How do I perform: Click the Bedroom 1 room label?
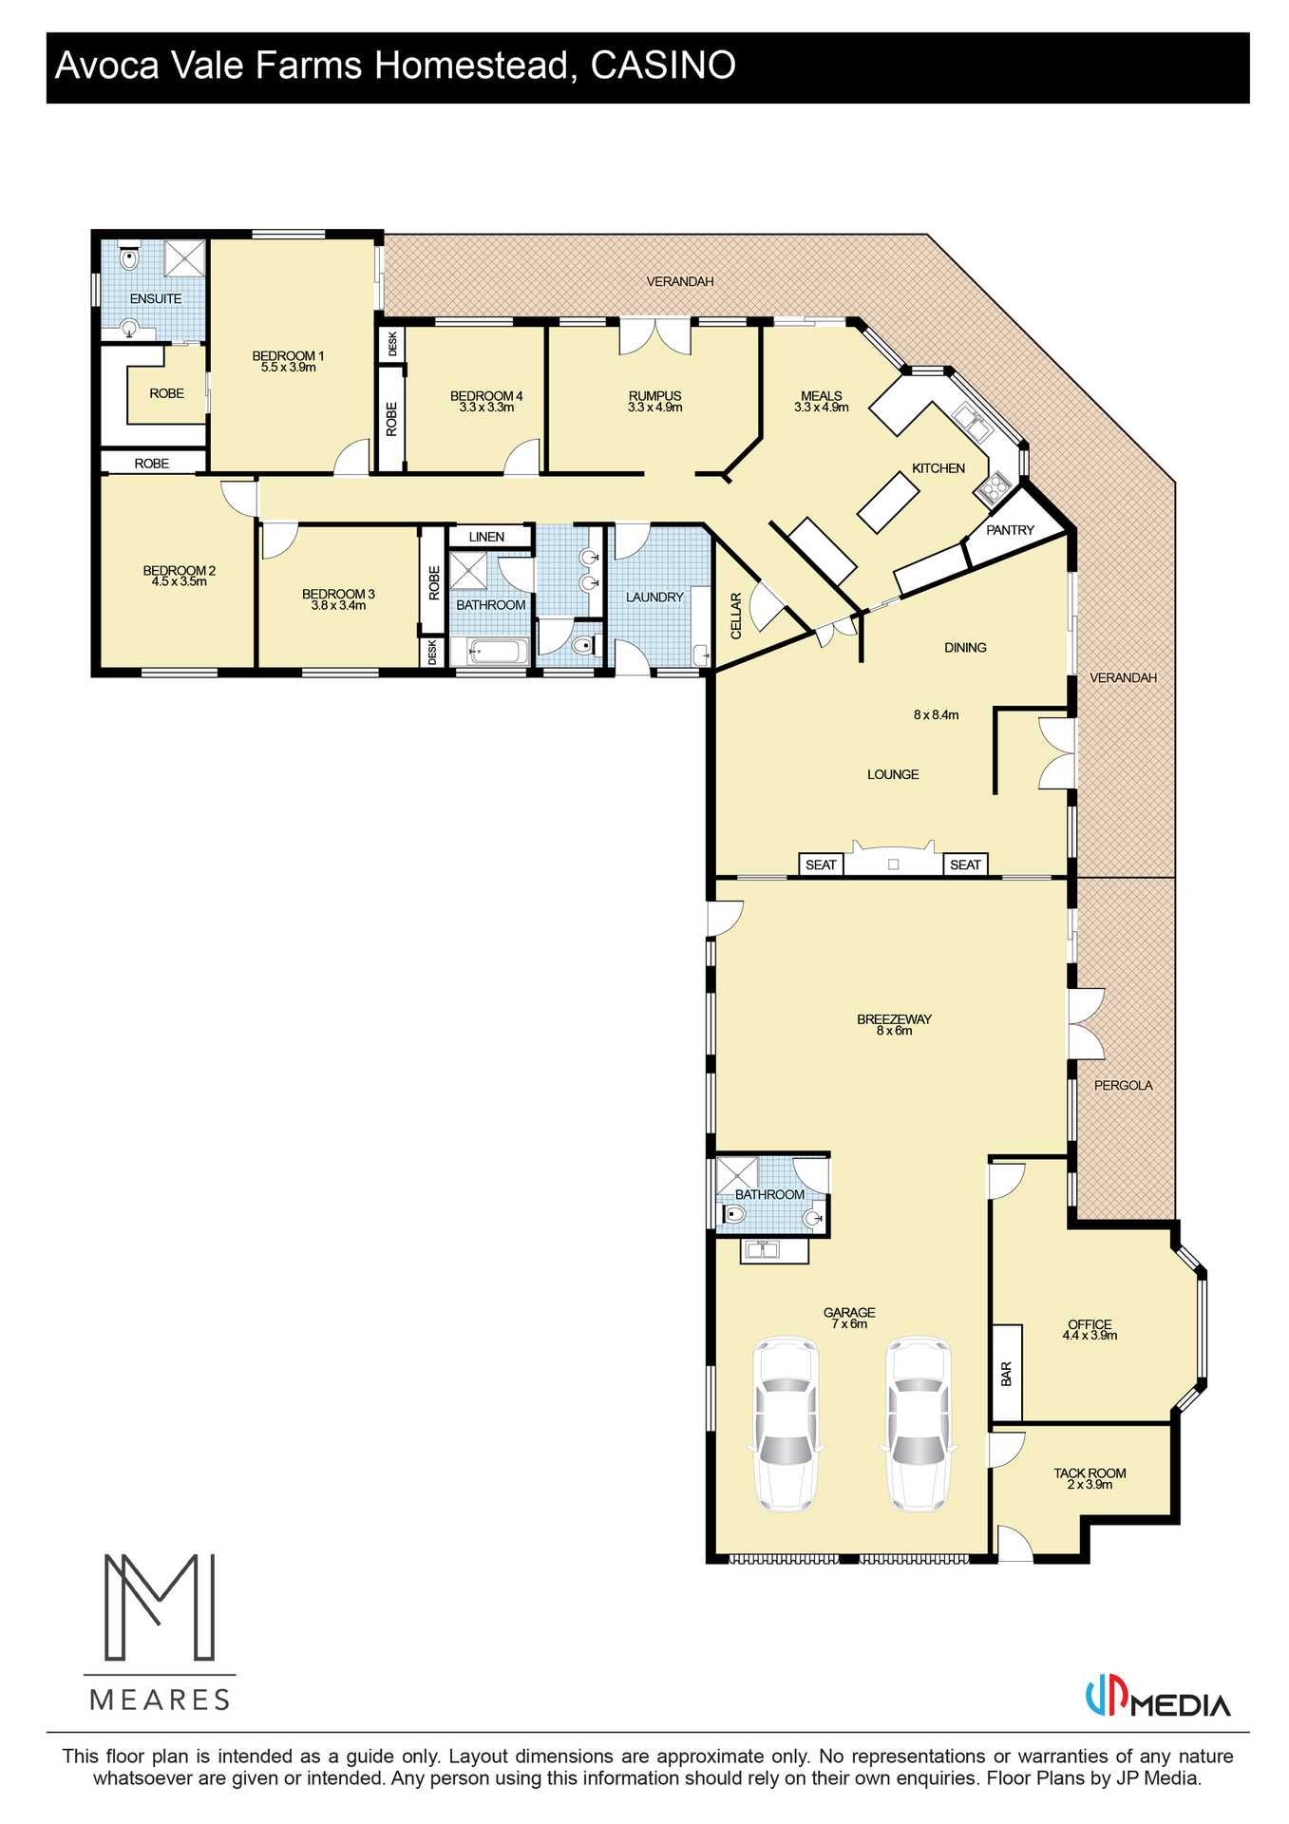[288, 355]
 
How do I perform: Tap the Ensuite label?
[156, 298]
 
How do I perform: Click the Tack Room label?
[1090, 1472]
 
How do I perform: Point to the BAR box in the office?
[1007, 1373]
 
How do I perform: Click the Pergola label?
[1123, 1085]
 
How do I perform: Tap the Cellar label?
[735, 616]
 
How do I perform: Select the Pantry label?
[1010, 530]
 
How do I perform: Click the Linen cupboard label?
[486, 537]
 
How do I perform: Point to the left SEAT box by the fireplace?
[821, 864]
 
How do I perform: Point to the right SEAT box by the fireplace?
[965, 864]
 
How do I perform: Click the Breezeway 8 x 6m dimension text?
[894, 1031]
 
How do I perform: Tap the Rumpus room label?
[654, 395]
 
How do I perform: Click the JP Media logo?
[1158, 1700]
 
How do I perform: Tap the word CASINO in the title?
[663, 66]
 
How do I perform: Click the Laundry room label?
[654, 597]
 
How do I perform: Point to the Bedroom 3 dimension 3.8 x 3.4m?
[338, 605]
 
